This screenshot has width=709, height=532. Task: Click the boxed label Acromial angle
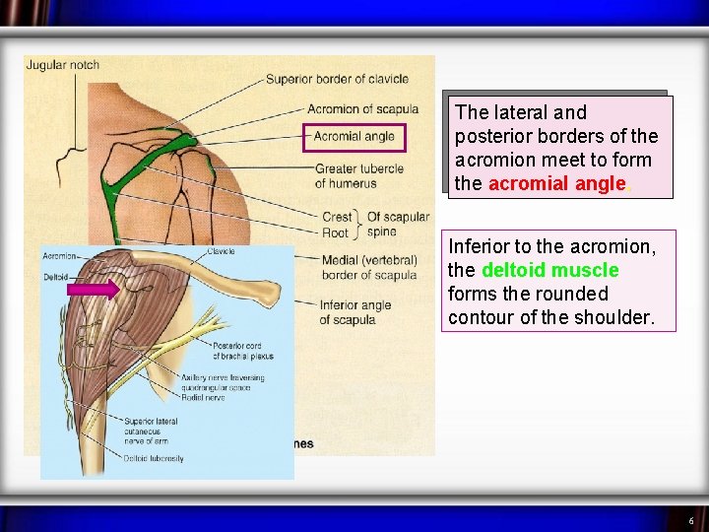tap(354, 136)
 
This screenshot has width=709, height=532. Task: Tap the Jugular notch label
tap(62, 65)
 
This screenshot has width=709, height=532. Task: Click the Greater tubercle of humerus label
tap(358, 175)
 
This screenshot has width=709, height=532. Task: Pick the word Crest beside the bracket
tap(337, 217)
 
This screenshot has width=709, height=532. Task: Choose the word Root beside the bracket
tap(335, 233)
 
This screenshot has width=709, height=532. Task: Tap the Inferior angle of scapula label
tap(354, 312)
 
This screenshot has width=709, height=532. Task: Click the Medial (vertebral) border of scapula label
tap(369, 267)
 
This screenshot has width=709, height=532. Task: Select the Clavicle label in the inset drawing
tap(222, 251)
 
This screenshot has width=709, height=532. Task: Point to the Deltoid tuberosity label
tap(154, 458)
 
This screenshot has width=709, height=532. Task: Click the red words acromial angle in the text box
tap(556, 183)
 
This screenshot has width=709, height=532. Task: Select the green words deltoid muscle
tap(549, 270)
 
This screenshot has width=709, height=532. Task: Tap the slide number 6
tap(690, 520)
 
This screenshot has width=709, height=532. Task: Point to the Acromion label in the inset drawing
tap(59, 256)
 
